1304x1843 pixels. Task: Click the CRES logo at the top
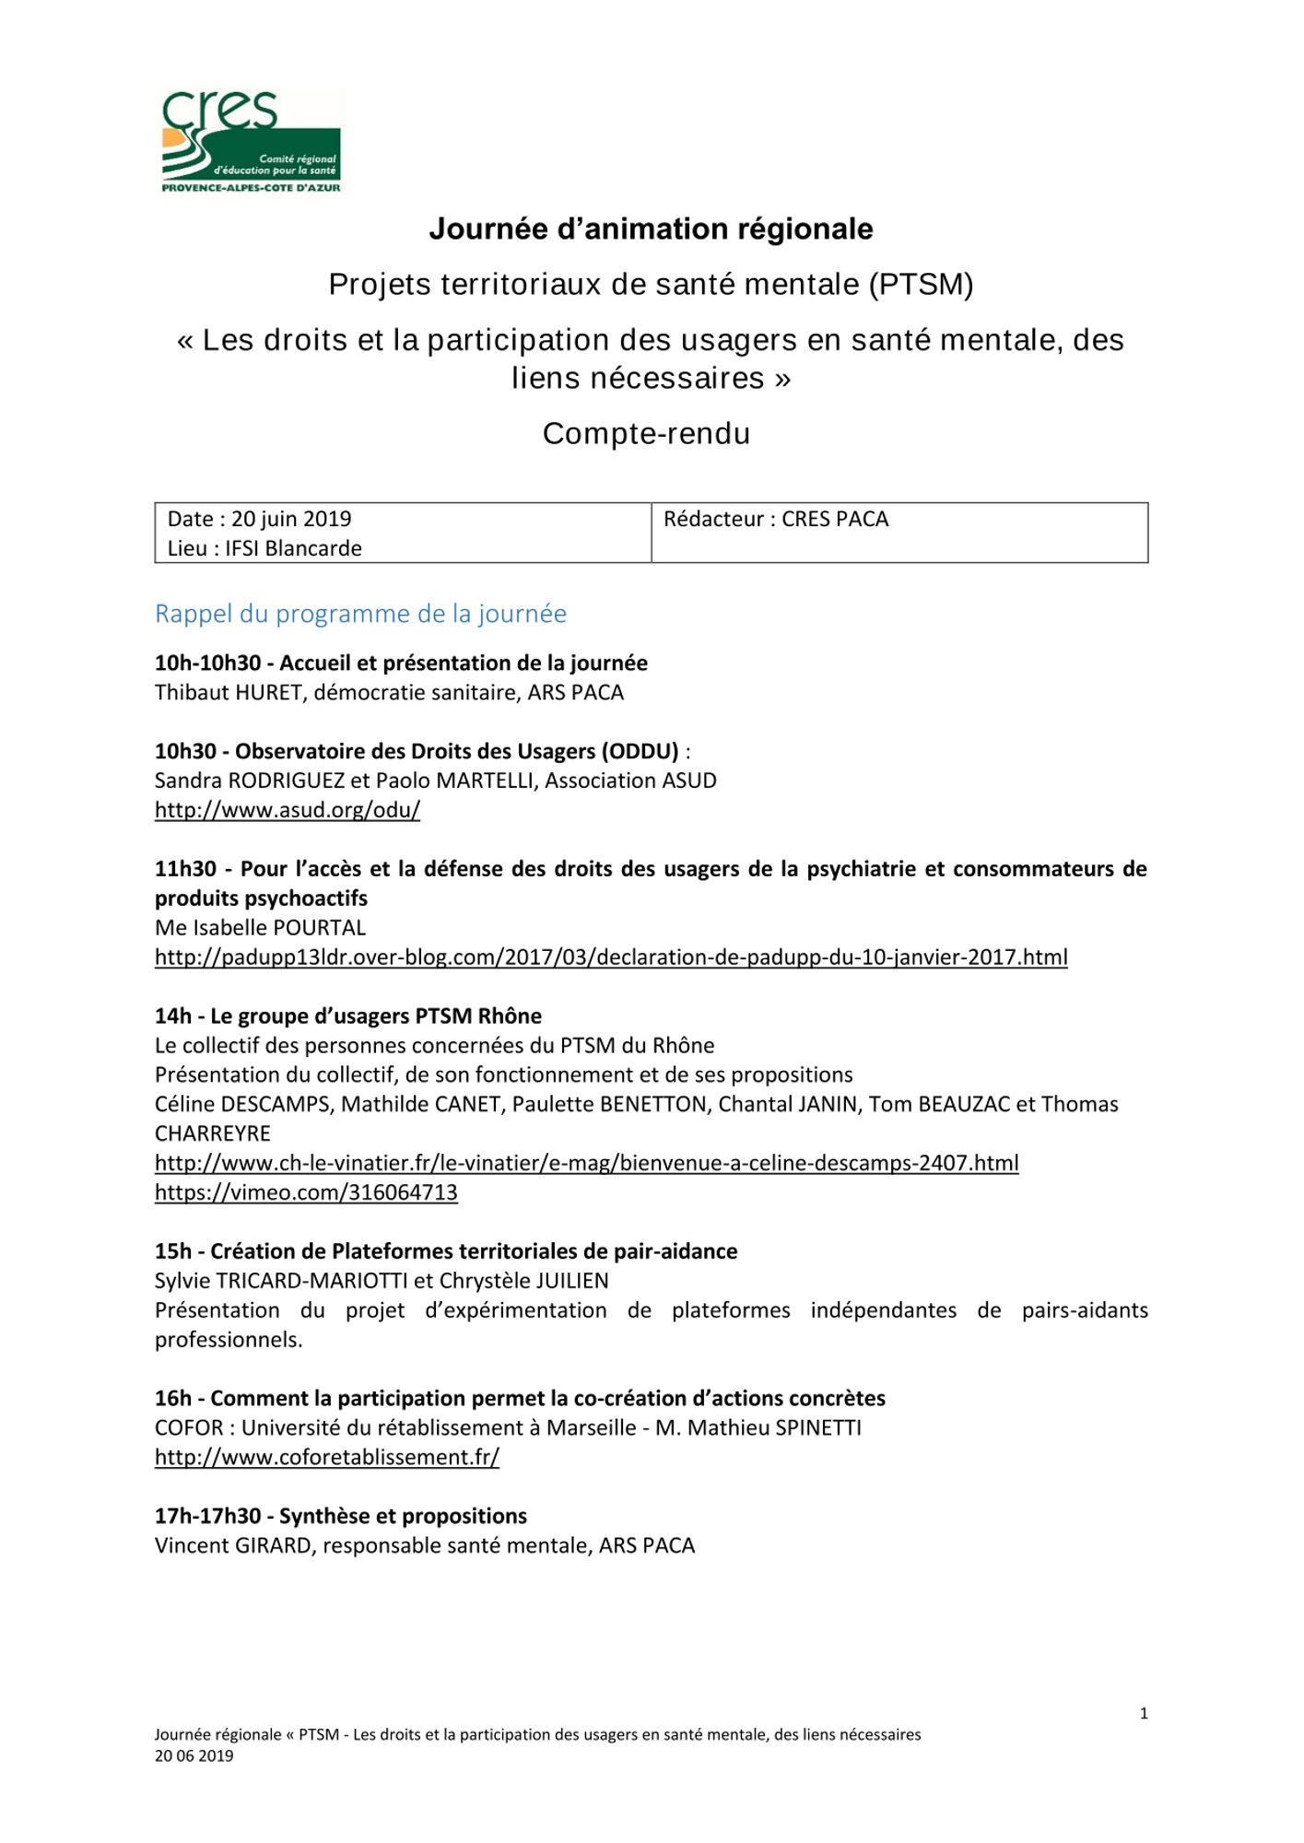point(251,141)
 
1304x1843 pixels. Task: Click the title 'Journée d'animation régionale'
point(651,229)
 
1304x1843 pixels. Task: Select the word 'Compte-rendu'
point(646,433)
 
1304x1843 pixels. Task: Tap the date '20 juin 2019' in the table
point(291,519)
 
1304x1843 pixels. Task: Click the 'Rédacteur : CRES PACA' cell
point(776,519)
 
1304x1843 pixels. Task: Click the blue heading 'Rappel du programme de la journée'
point(360,614)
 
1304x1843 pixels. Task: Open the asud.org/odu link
point(287,810)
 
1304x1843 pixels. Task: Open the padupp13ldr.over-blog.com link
point(611,957)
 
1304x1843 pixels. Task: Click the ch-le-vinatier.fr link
point(586,1163)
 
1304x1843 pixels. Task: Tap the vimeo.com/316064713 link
point(306,1192)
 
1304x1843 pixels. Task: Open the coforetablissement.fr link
point(326,1457)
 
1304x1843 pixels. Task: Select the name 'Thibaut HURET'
point(229,692)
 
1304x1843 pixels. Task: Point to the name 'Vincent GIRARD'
point(233,1545)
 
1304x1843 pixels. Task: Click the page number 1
point(1144,1714)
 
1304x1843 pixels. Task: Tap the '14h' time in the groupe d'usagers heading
point(173,1016)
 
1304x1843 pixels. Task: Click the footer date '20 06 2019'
point(194,1755)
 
